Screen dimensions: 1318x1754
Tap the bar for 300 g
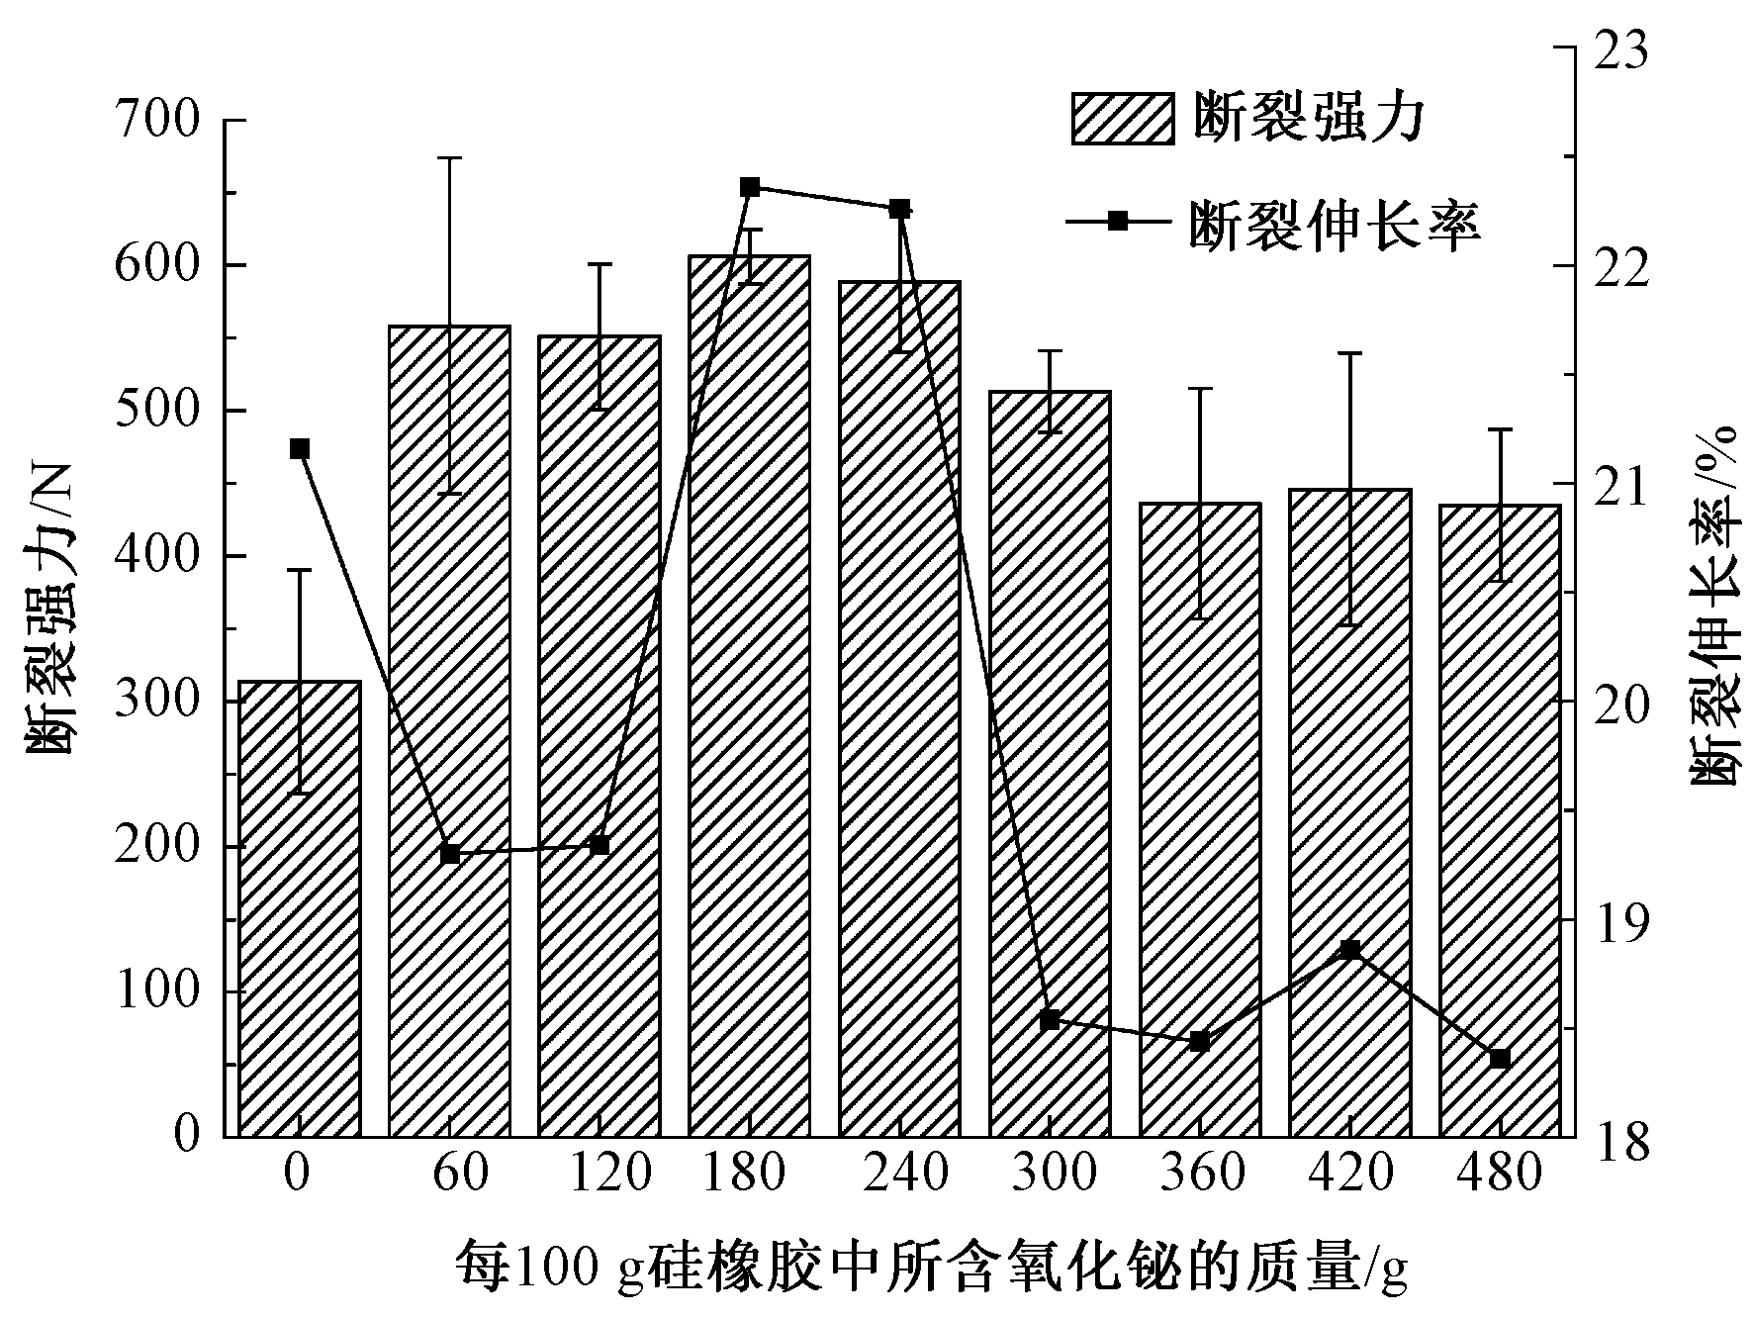pyautogui.click(x=1050, y=763)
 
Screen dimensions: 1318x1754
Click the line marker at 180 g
pyautogui.click(x=750, y=187)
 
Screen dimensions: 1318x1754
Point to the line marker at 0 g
pyautogui.click(x=300, y=449)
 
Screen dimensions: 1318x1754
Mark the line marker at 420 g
pyautogui.click(x=1350, y=950)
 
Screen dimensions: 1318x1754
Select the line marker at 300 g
pyautogui.click(x=1051, y=1020)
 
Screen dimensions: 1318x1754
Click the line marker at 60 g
pyautogui.click(x=450, y=854)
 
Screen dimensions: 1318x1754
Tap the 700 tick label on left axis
pyautogui.click(x=157, y=122)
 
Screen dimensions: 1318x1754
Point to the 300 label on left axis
pyautogui.click(x=157, y=702)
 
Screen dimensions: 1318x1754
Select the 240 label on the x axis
pyautogui.click(x=899, y=1174)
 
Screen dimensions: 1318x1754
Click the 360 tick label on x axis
pyautogui.click(x=1200, y=1174)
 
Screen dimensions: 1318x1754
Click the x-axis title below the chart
pyautogui.click(x=930, y=1270)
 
